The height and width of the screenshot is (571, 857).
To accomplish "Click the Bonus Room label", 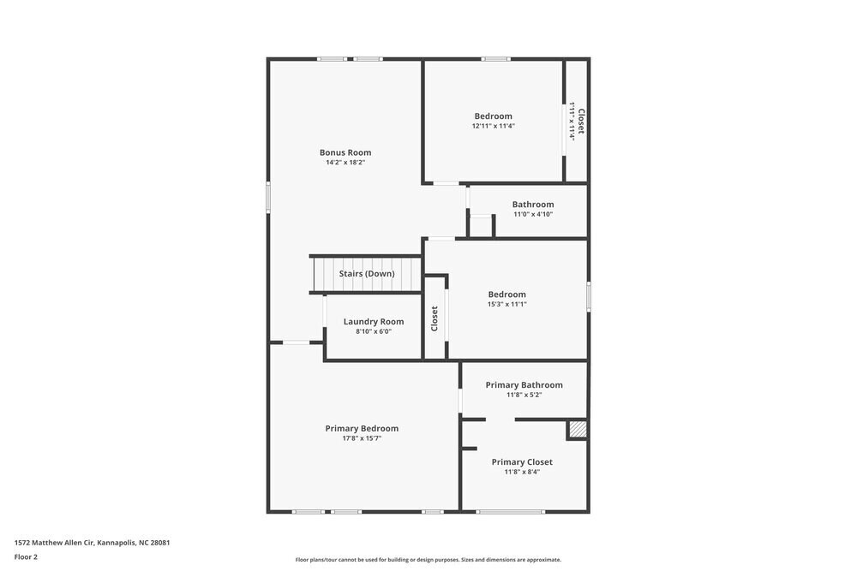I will click(345, 152).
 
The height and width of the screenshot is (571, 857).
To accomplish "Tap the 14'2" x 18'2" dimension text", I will click(345, 163).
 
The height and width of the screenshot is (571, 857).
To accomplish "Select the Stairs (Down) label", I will click(367, 274).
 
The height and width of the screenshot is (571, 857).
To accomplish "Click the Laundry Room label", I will click(374, 322).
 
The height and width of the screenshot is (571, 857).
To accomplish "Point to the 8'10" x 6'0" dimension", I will click(374, 331).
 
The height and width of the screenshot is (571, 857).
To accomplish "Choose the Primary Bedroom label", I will click(362, 429).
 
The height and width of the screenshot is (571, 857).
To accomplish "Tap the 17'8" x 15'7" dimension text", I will click(362, 438).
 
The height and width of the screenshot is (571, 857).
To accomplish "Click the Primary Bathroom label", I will click(524, 385).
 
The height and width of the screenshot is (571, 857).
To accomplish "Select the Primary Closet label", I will click(522, 462).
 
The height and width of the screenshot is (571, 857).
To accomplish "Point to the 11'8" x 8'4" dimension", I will click(522, 472).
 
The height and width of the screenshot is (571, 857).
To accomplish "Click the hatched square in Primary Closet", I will click(578, 430).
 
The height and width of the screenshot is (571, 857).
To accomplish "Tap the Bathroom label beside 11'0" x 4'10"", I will click(533, 205).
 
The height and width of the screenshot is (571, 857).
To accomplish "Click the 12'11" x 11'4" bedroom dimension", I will click(493, 126).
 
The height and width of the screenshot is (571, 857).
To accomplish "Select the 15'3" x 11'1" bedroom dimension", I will click(506, 304).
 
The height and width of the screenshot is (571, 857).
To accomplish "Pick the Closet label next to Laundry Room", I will click(434, 318).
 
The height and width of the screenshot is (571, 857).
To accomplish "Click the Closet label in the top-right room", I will click(580, 121).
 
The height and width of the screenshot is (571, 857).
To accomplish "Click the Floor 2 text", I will click(26, 556).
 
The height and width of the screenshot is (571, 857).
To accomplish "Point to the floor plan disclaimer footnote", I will click(428, 560).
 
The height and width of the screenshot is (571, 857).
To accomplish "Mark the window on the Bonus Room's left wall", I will click(268, 198).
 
